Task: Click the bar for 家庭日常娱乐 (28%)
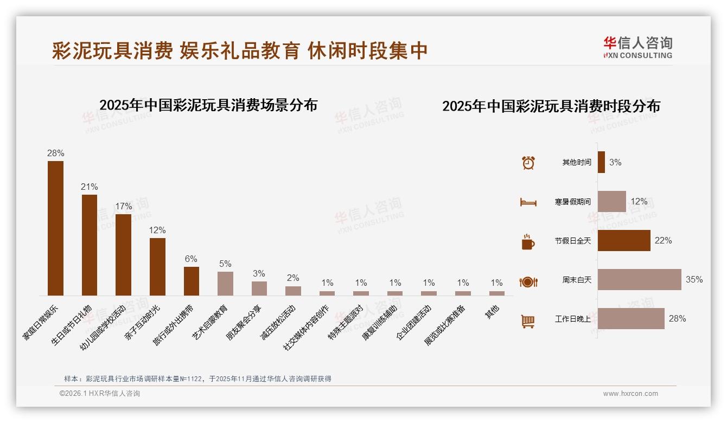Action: pyautogui.click(x=55, y=228)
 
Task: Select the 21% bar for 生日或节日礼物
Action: pyautogui.click(x=90, y=245)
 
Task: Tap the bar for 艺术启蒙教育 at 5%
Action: pyautogui.click(x=225, y=283)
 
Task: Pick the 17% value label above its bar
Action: pyautogui.click(x=123, y=207)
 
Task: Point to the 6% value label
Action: pyautogui.click(x=191, y=259)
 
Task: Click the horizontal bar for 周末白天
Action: pyautogui.click(x=639, y=280)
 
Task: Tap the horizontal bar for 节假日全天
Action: pyautogui.click(x=624, y=240)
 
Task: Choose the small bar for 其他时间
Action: pyautogui.click(x=601, y=162)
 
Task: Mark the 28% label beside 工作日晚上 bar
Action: pyautogui.click(x=677, y=319)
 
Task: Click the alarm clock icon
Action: pyautogui.click(x=528, y=163)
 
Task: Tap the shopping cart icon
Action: pyautogui.click(x=528, y=321)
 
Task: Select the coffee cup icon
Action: pyautogui.click(x=528, y=242)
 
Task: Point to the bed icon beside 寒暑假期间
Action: pyautogui.click(x=528, y=202)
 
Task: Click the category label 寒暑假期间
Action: pyautogui.click(x=572, y=202)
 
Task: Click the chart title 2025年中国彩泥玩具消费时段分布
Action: pyautogui.click(x=551, y=106)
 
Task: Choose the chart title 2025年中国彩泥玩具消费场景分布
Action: pyautogui.click(x=208, y=105)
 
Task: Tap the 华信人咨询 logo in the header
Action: pyautogui.click(x=637, y=47)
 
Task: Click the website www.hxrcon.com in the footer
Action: pyautogui.click(x=630, y=394)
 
